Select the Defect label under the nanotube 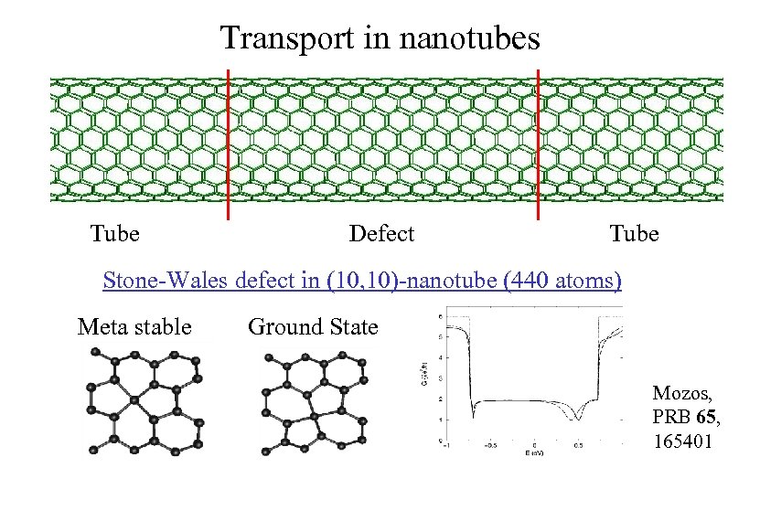click(x=381, y=234)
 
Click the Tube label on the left click(x=115, y=234)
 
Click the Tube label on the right click(x=634, y=234)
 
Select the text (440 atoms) click(x=562, y=280)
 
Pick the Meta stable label click(x=134, y=326)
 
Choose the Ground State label click(x=313, y=326)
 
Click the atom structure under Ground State click(x=313, y=403)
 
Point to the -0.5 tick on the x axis click(x=492, y=447)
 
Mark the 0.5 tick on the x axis click(x=577, y=447)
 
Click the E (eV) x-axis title click(x=534, y=453)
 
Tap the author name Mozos click(x=678, y=394)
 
